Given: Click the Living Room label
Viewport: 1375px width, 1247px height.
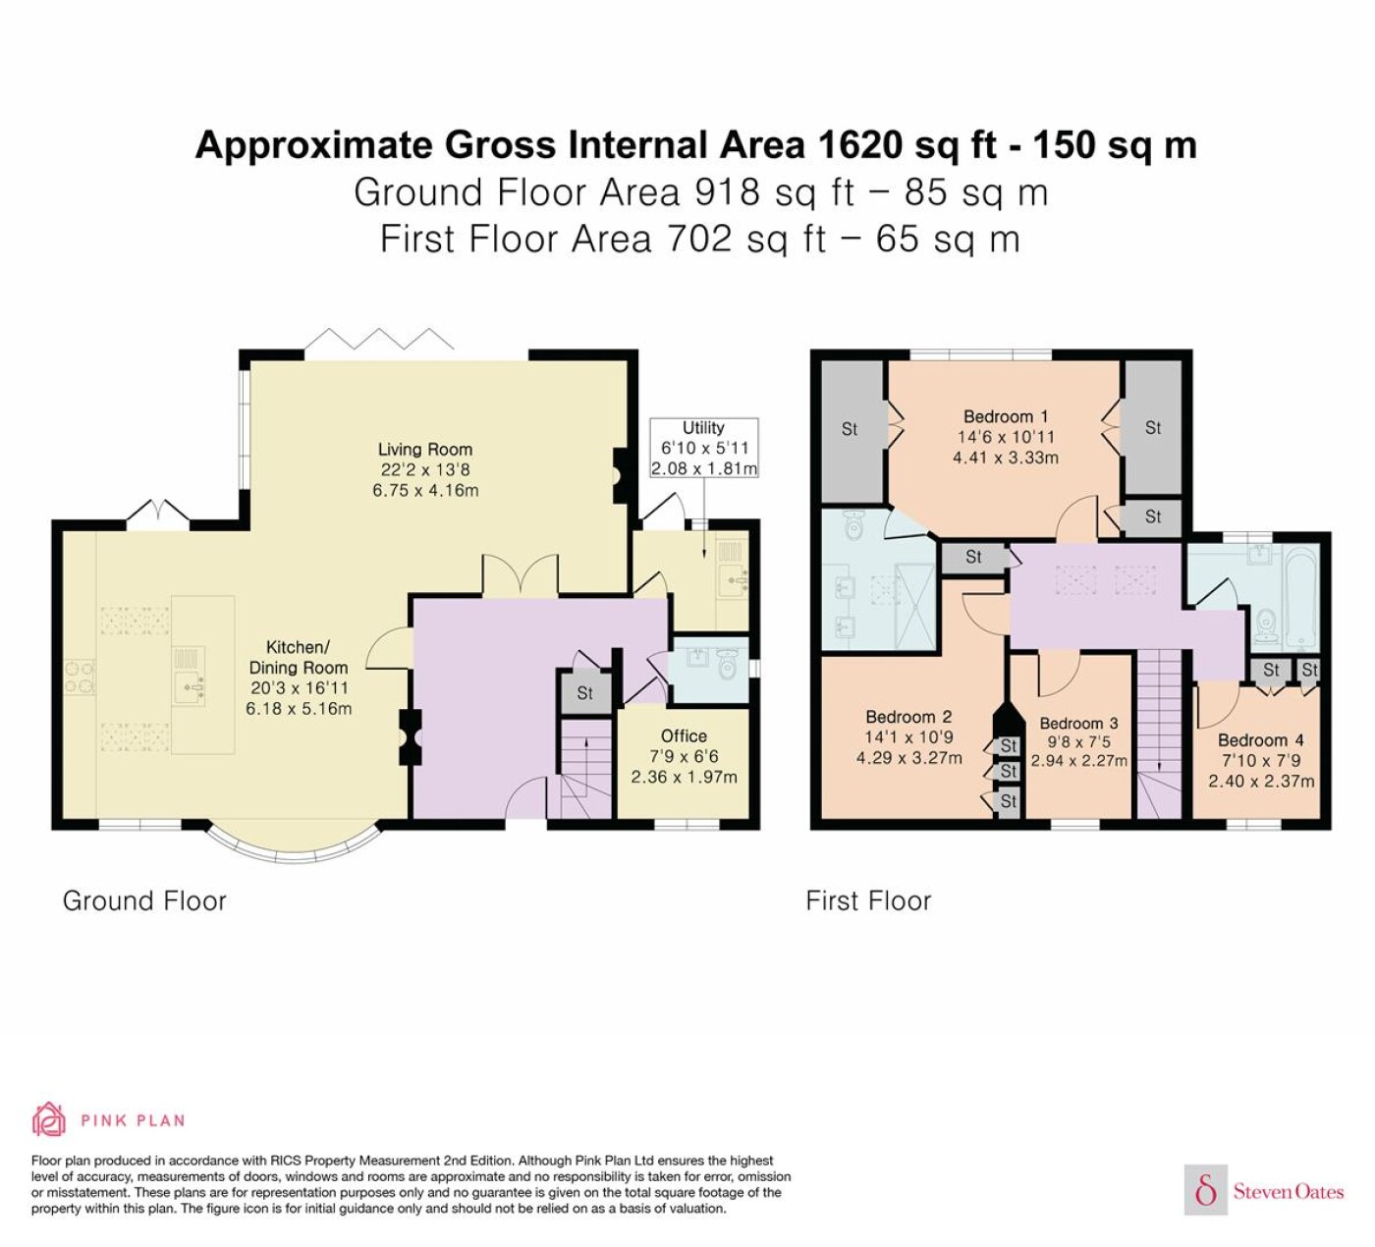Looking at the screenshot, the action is (425, 450).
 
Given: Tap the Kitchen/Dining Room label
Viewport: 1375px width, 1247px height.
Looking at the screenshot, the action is (299, 657).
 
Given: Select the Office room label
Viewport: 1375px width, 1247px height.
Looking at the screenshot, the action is (684, 735).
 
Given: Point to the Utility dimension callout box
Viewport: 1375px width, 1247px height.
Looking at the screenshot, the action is (704, 448).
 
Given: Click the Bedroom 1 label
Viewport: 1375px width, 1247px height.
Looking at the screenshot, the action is (1006, 416).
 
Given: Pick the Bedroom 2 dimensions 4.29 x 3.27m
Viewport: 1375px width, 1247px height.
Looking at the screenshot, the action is (908, 758).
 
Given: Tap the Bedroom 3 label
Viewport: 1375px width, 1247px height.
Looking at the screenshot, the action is (1079, 724).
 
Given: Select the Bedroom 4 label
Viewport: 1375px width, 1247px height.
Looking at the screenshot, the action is (1260, 740).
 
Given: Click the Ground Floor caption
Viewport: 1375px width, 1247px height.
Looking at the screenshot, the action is (144, 900).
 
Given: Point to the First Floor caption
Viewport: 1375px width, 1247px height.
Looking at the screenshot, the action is (868, 900).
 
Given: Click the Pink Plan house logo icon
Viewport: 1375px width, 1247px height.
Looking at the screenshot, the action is (49, 1119).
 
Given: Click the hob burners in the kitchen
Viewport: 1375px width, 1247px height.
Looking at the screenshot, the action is (80, 677).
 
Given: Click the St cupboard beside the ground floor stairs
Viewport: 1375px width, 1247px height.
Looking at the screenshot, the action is (584, 693).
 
